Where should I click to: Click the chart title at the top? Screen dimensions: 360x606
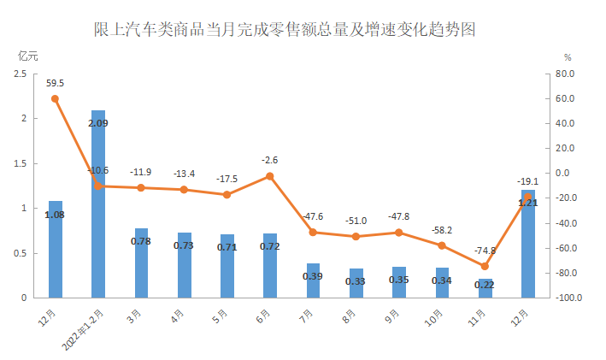pyautogui.click(x=284, y=30)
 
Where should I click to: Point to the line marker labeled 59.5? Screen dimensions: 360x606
pyautogui.click(x=56, y=98)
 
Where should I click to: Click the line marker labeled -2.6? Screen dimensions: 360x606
pyautogui.click(x=270, y=176)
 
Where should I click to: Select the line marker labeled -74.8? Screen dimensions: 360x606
pyautogui.click(x=485, y=266)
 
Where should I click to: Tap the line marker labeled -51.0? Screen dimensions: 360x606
pyautogui.click(x=356, y=236)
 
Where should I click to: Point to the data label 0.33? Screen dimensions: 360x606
pyautogui.click(x=356, y=281)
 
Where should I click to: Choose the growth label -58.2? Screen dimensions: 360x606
pyautogui.click(x=442, y=230)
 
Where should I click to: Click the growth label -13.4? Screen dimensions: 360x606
pyautogui.click(x=185, y=174)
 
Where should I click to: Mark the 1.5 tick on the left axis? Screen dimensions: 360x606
pyautogui.click(x=21, y=163)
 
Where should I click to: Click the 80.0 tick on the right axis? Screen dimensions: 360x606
pyautogui.click(x=566, y=74)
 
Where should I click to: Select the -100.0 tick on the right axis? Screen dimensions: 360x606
pyautogui.click(x=563, y=298)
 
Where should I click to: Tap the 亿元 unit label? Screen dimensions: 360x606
pyautogui.click(x=28, y=56)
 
